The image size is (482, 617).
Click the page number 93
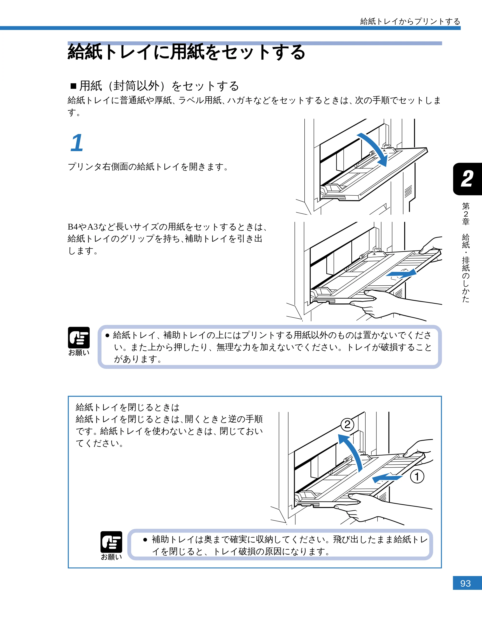pyautogui.click(x=465, y=583)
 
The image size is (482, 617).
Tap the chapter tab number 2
pyautogui.click(x=467, y=179)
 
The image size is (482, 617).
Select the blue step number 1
pyautogui.click(x=77, y=143)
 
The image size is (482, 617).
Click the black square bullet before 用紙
pyautogui.click(x=73, y=86)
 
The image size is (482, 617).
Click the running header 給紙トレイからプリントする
pyautogui.click(x=410, y=21)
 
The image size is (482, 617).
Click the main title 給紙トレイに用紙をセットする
pyautogui.click(x=186, y=52)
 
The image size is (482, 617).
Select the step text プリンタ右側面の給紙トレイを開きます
pyautogui.click(x=148, y=167)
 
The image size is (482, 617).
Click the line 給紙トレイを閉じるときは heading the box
pyautogui.click(x=127, y=407)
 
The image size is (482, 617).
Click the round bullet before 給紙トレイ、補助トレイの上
pyautogui.click(x=107, y=335)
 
